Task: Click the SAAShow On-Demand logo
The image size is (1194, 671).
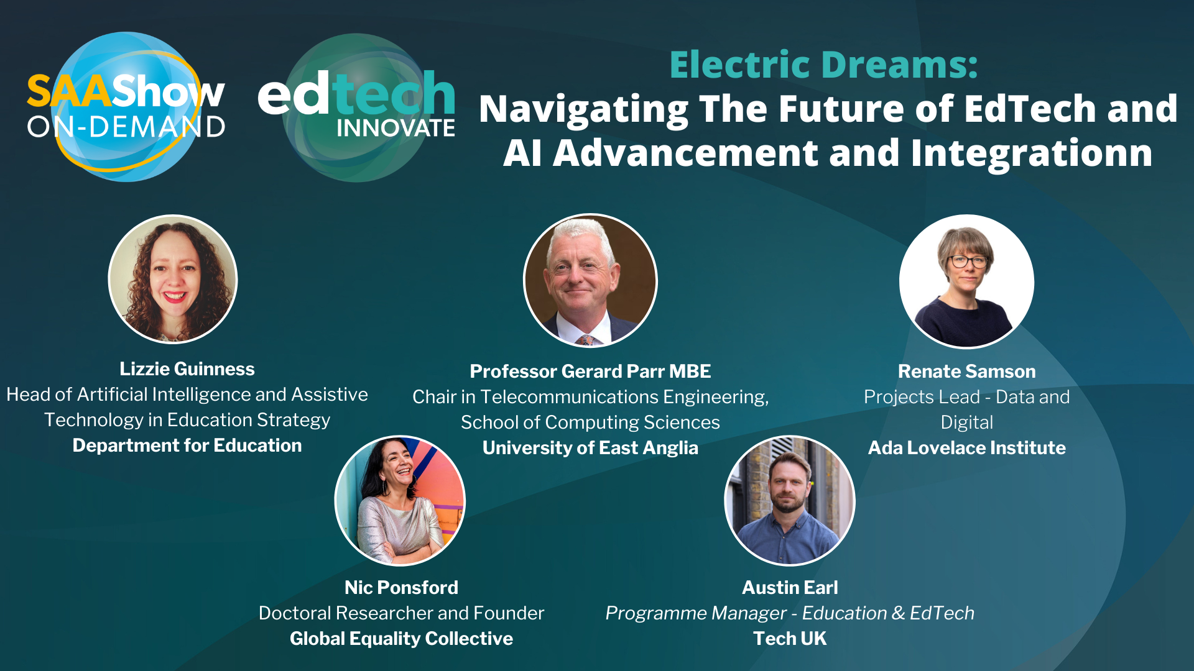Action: [x=126, y=107]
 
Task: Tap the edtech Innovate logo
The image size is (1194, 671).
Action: [x=356, y=107]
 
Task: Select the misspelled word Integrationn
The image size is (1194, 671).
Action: [x=1032, y=153]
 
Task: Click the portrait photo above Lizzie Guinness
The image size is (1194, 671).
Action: [x=173, y=279]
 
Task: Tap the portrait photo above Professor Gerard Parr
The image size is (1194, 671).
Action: [x=590, y=281]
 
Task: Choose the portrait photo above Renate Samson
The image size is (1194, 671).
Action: [x=966, y=281]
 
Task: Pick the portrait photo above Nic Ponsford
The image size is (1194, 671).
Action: [x=400, y=501]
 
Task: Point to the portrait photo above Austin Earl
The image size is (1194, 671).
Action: [x=790, y=501]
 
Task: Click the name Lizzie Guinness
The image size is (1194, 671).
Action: [x=187, y=369]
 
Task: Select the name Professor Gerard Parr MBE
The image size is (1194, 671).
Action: [x=590, y=372]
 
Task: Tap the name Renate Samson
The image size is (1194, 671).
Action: [x=967, y=372]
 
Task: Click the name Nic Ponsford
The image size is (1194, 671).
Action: [x=401, y=588]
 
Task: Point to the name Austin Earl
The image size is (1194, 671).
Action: [x=790, y=588]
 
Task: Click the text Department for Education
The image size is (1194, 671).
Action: [x=187, y=445]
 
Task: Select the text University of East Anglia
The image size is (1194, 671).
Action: [x=590, y=448]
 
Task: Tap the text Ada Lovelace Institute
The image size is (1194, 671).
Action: [x=967, y=448]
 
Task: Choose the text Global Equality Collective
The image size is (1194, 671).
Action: [x=401, y=639]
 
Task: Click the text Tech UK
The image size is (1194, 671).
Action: [x=790, y=639]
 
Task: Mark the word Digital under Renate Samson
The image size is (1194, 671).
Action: [x=967, y=422]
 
